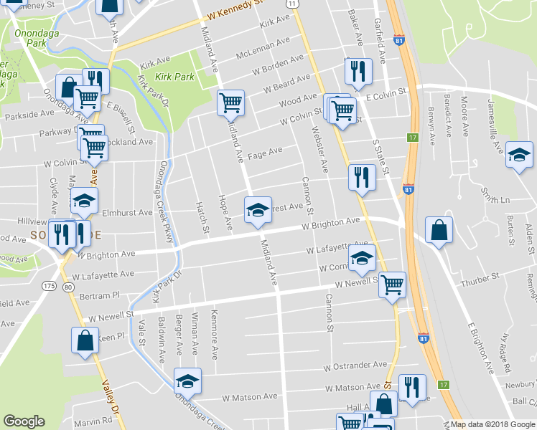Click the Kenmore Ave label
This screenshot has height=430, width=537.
tap(214, 333)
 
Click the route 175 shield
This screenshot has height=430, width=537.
tap(49, 267)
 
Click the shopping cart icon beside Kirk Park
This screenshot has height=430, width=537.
tap(230, 103)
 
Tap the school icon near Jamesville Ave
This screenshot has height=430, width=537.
tap(518, 154)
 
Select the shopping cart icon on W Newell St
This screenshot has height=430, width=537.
tap(392, 285)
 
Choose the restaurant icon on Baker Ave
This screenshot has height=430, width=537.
tap(357, 71)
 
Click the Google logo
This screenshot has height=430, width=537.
tap(24, 421)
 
